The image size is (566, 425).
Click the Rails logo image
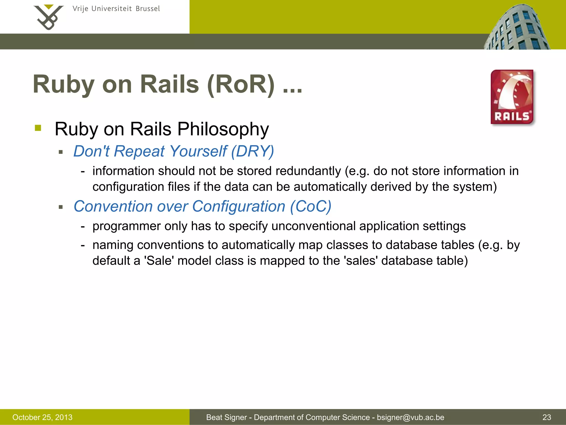(512, 97)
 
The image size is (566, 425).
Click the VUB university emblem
(48, 17)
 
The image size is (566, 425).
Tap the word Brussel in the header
(148, 9)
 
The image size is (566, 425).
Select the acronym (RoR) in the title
(241, 84)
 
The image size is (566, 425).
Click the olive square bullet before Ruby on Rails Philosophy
(38, 128)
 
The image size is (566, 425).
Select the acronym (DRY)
(252, 151)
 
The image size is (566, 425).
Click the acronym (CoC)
(310, 206)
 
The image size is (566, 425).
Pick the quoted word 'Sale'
(159, 261)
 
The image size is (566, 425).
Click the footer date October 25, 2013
(42, 417)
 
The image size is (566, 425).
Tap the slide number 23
(547, 417)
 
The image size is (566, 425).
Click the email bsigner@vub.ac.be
(410, 417)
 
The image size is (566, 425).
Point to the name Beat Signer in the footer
(226, 417)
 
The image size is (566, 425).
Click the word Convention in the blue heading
(113, 206)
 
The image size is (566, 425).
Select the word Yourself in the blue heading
(198, 151)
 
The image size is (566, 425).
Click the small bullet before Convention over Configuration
(61, 207)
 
